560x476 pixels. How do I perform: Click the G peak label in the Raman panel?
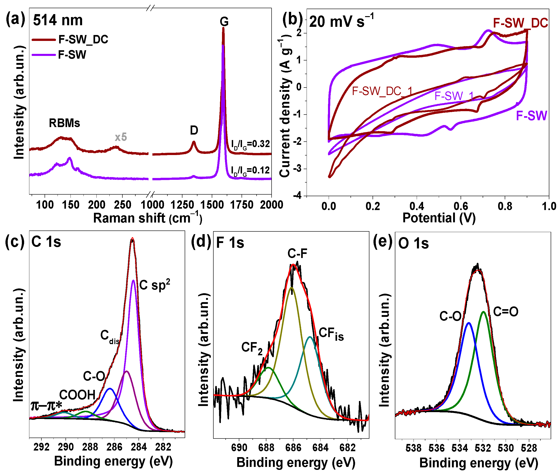pyautogui.click(x=224, y=22)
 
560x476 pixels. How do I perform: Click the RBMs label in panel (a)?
pyautogui.click(x=64, y=123)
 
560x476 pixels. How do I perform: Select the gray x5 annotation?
pyautogui.click(x=121, y=137)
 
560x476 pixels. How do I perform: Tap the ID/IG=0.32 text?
pyautogui.click(x=250, y=144)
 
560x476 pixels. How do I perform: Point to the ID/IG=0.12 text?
pyautogui.click(x=250, y=170)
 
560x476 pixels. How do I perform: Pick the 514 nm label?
pyautogui.click(x=58, y=20)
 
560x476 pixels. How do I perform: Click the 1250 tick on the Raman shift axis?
pyautogui.click(x=182, y=205)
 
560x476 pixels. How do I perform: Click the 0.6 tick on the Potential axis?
pyautogui.click(x=461, y=206)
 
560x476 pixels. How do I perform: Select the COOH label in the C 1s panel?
pyautogui.click(x=77, y=395)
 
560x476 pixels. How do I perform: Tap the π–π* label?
pyautogui.click(x=46, y=406)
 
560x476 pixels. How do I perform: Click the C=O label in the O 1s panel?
pyautogui.click(x=505, y=312)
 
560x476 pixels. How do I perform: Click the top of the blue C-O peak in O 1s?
pyautogui.click(x=469, y=323)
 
